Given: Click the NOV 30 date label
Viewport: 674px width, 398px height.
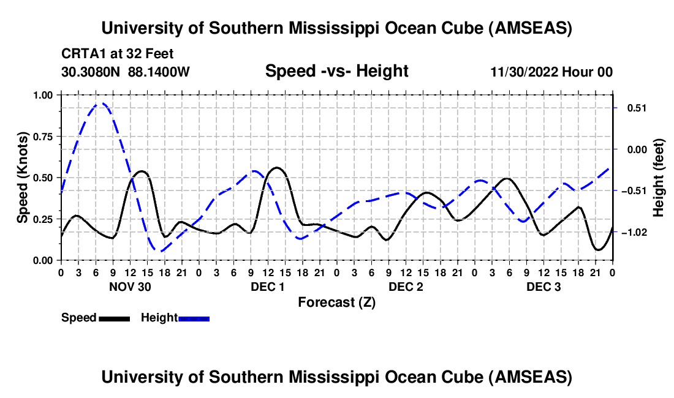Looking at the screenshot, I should coord(130,286).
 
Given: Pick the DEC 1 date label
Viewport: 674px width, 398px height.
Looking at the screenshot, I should coord(268,286).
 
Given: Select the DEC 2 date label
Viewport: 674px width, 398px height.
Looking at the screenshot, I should coord(406,286).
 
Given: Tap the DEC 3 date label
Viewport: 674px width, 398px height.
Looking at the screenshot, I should coord(543,286).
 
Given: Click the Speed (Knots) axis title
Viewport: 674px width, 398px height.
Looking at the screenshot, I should coord(22,178).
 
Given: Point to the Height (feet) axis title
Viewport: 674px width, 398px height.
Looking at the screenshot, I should coord(659,178).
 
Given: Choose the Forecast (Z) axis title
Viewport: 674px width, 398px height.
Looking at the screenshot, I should coord(336,302).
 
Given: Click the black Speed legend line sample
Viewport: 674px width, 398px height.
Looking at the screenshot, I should coord(114,318).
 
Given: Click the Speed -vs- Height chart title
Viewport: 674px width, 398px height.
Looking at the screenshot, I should coord(336,71).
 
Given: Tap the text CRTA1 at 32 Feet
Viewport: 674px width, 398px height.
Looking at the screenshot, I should coord(118,54).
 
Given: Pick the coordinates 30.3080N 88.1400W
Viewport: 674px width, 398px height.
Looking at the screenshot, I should coord(126,72).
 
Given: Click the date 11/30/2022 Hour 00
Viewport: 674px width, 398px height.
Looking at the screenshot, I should coord(551,72).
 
